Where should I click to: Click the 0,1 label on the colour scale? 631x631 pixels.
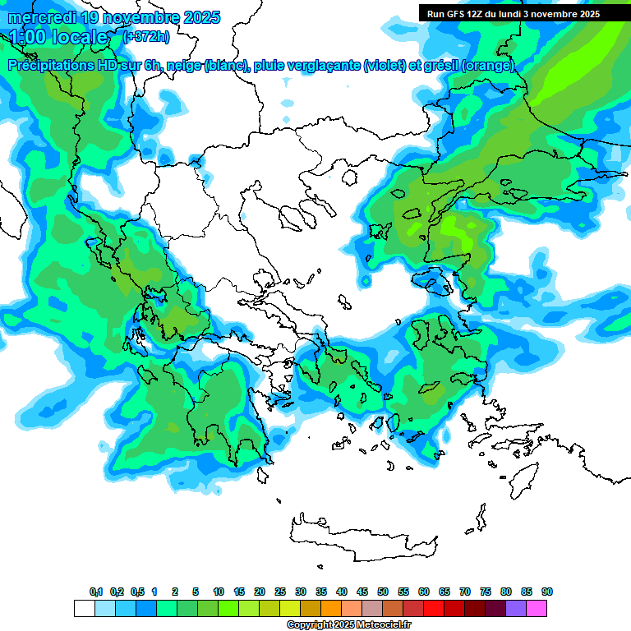pos(96,592)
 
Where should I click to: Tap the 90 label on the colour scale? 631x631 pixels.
pos(547,592)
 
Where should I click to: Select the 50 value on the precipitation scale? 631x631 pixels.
pos(383,592)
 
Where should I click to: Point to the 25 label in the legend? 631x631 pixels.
pos(280,592)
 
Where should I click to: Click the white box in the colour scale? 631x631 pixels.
pos(84,608)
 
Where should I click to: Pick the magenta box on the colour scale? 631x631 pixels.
pos(537,608)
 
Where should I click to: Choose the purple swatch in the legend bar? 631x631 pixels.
pos(516,608)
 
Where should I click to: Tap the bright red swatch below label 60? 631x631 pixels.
pos(434,608)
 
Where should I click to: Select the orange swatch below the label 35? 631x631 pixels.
pos(331,608)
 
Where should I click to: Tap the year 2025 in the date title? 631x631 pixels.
pos(197,17)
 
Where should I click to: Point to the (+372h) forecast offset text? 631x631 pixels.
pos(147,37)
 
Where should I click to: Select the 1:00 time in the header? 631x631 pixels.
pos(29,37)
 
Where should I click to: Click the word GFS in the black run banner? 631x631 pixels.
pos(458,14)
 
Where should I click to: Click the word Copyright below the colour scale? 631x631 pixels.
pos(310,625)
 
